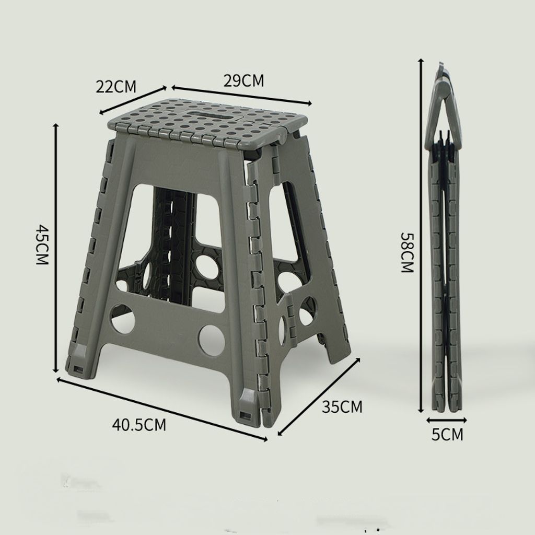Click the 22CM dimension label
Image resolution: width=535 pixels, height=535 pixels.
pos(115,86)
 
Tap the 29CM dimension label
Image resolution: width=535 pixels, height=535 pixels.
pos(243,80)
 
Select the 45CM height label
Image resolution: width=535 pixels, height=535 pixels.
pos(43,244)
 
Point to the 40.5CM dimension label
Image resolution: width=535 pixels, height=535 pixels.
pos(139,425)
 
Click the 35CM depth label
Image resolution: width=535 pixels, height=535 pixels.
pos(342,406)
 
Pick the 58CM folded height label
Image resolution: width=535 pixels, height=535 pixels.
pos(407,252)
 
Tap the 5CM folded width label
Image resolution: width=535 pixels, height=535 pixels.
pos(447,434)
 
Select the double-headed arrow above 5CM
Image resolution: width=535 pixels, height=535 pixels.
pos(447,420)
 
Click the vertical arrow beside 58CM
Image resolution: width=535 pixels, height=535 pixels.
pos(422,236)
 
